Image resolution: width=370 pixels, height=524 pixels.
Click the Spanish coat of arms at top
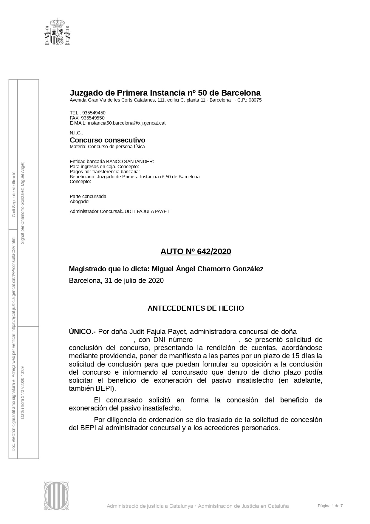pyautogui.click(x=58, y=32)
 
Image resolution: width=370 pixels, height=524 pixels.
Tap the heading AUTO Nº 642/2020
pyautogui.click(x=196, y=252)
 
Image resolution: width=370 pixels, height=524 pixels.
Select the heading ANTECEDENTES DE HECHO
pyautogui.click(x=196, y=308)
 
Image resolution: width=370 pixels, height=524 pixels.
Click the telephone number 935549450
pyautogui.click(x=94, y=113)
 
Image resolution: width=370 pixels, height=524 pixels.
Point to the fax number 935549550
pyautogui.click(x=93, y=118)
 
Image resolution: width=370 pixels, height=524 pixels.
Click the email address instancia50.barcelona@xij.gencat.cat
pyautogui.click(x=126, y=123)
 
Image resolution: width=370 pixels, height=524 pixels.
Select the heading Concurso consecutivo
pyautogui.click(x=107, y=140)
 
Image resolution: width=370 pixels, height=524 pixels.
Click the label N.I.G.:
pyautogui.click(x=76, y=133)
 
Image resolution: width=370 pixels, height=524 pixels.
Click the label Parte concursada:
pyautogui.click(x=89, y=197)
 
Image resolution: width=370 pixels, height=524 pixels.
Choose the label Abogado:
pyautogui.click(x=80, y=201)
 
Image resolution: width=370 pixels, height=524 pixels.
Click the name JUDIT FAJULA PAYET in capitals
pyautogui.click(x=146, y=212)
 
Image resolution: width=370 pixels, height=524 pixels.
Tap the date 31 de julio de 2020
pyautogui.click(x=134, y=281)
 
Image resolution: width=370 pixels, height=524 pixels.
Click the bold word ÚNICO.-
pyautogui.click(x=82, y=332)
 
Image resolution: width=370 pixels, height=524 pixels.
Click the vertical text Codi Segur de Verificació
pyautogui.click(x=13, y=194)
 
